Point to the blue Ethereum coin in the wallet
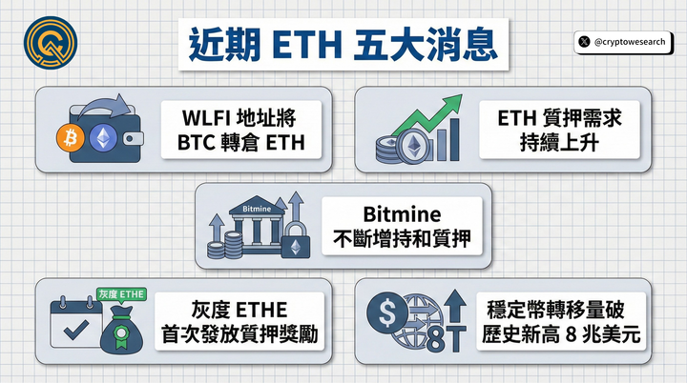[103, 138]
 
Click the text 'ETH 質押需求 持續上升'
[563, 133]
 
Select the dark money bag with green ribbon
[120, 329]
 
